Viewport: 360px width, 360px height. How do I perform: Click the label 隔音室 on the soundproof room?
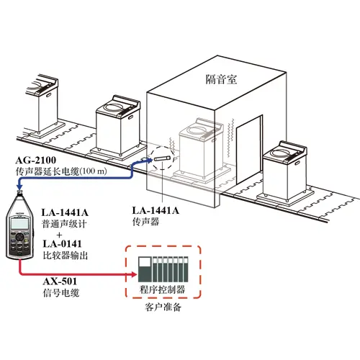[x=221, y=79]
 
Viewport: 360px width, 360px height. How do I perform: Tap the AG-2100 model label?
[x=36, y=160]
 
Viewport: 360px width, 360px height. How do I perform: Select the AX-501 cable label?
[x=60, y=282]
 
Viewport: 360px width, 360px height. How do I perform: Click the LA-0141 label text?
[x=62, y=244]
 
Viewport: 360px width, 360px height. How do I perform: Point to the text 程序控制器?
[x=163, y=289]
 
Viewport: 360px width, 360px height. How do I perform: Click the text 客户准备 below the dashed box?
[x=163, y=307]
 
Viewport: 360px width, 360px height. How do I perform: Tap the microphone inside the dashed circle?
[x=163, y=158]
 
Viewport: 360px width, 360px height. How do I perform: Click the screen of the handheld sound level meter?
[x=19, y=224]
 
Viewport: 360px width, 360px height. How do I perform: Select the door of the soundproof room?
[x=249, y=149]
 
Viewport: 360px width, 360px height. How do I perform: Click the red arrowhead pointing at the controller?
[x=133, y=274]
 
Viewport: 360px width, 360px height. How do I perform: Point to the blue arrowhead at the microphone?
[x=149, y=161]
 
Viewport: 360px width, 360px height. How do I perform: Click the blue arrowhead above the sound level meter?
[x=19, y=186]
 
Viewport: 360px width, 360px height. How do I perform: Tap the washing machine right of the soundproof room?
[x=286, y=171]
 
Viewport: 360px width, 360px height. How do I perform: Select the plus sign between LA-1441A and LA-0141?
[x=60, y=235]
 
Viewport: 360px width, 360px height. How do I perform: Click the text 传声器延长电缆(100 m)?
[x=61, y=171]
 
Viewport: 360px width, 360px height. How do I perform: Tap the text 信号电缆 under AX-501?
[x=61, y=293]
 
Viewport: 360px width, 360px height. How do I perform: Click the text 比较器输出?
[x=66, y=256]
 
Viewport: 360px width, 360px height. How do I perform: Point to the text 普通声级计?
[x=64, y=224]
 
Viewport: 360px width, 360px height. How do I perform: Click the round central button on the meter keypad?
[x=19, y=237]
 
